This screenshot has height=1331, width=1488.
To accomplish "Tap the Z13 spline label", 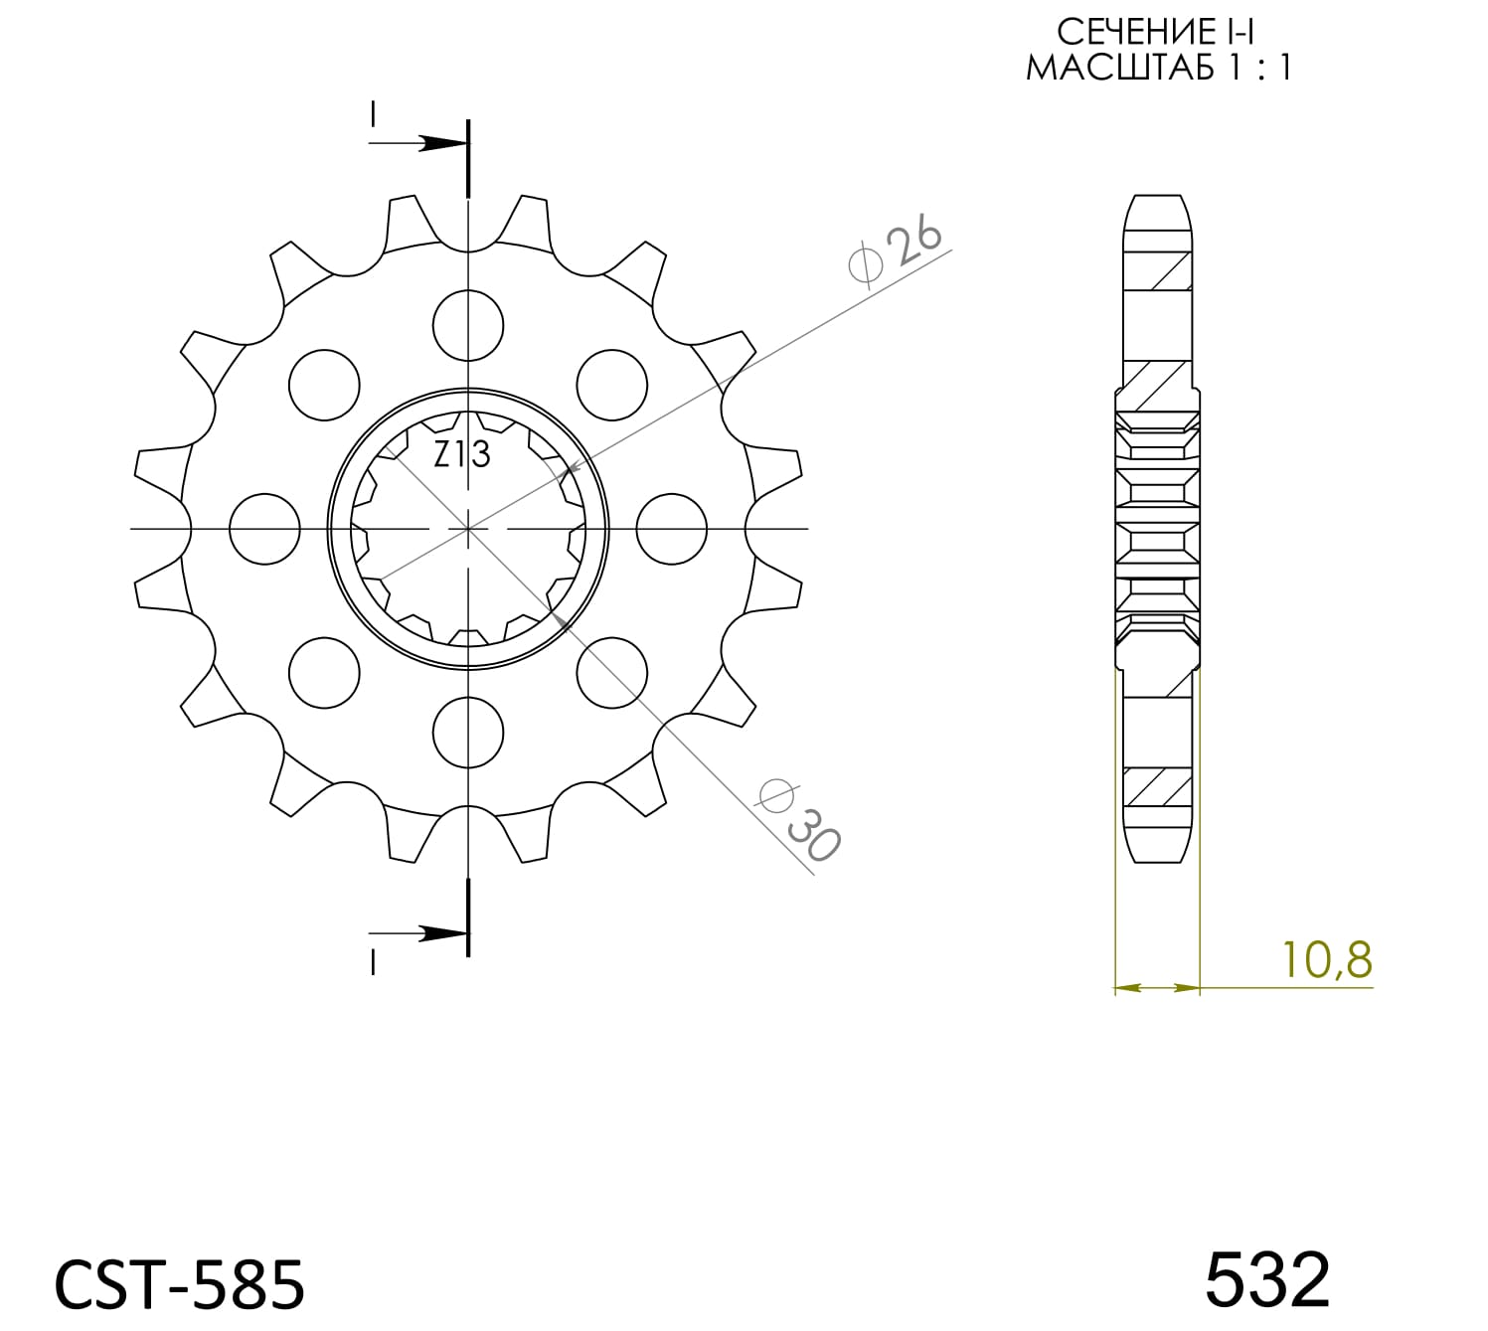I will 462,454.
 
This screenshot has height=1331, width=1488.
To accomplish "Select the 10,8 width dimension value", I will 1327,959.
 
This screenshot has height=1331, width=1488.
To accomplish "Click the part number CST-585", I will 179,1282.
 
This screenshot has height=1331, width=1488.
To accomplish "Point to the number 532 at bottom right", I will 1267,1279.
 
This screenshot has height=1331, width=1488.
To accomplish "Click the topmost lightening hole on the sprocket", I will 468,325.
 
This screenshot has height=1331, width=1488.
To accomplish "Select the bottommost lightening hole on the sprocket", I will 468,733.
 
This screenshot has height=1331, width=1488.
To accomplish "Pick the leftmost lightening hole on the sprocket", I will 264,529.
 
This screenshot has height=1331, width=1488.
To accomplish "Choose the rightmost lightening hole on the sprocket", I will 672,529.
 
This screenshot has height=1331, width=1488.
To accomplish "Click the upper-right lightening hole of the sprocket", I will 612,385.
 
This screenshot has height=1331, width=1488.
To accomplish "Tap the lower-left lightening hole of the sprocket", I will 324,673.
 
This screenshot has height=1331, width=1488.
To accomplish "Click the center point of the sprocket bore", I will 468,529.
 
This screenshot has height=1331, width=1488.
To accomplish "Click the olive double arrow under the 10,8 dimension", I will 1157,988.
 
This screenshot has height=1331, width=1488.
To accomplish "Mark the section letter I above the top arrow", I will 373,114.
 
